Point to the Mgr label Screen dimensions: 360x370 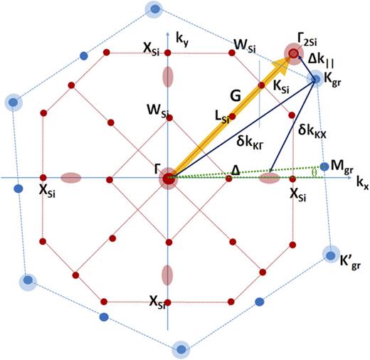pos(343,166)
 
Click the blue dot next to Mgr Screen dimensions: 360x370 pos(324,166)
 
